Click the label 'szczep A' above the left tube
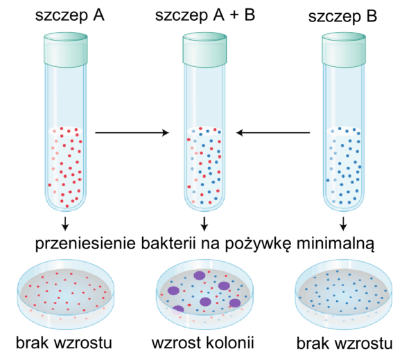pos(70,16)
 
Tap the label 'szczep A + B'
pos(205,15)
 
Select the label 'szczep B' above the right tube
pos(342,17)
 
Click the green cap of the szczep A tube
pos(66,49)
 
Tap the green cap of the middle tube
pos(204,49)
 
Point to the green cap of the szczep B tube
pos(344,49)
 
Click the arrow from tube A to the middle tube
pos(132,133)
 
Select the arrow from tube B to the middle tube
pos(273,133)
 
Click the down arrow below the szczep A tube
pos(65,224)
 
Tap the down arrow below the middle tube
pos(204,224)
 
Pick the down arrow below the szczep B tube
pos(343,224)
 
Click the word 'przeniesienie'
pos(85,244)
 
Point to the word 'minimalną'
pos(335,244)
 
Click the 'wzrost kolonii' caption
pos(203,343)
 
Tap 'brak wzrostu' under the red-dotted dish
pos(64,343)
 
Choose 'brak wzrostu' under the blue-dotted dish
pos(344,343)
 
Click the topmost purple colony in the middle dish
pos(200,276)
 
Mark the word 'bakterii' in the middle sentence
pos(168,243)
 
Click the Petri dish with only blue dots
pos(344,294)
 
